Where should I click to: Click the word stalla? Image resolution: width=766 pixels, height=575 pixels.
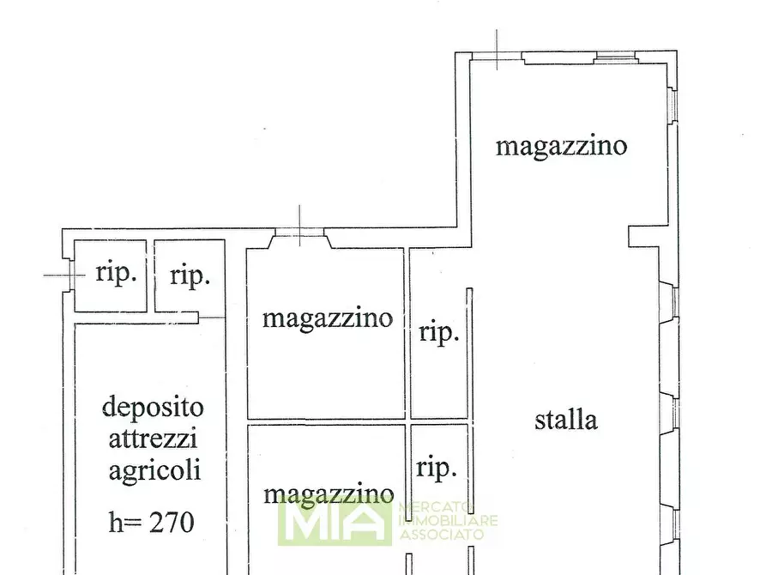565,421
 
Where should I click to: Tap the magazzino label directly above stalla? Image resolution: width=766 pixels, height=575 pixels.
561,146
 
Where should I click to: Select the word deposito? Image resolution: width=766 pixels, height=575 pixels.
153,406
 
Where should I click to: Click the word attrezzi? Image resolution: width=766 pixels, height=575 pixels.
153,439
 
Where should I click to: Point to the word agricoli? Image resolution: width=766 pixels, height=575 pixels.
154,470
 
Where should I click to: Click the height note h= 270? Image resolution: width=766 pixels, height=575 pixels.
152,521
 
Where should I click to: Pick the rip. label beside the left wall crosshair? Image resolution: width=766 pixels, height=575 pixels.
116,274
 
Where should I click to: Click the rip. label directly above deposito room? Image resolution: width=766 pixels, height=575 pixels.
190,275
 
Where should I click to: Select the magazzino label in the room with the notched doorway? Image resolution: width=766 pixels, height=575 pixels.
327,318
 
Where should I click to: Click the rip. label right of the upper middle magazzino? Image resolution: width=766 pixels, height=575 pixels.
438,332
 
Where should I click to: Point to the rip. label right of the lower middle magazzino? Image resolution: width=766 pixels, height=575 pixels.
437,468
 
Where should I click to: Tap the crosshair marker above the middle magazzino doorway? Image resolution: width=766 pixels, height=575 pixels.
299,227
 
